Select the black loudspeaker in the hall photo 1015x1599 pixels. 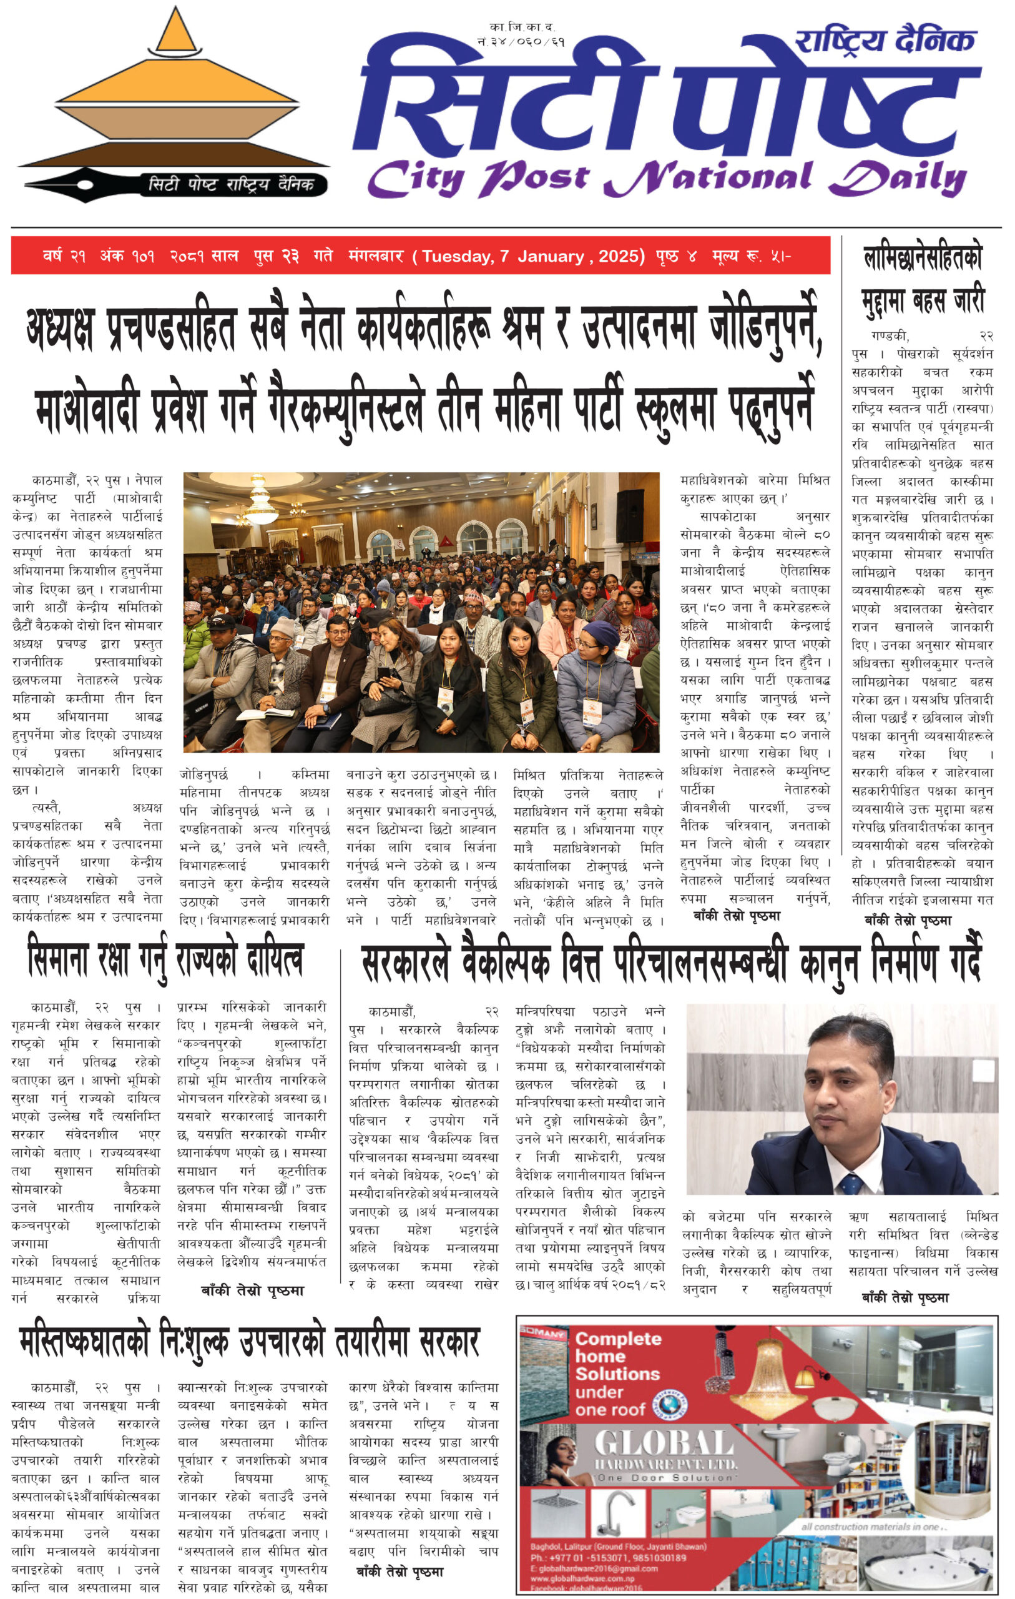click(629, 515)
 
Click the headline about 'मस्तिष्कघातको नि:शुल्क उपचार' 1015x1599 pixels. click(249, 1342)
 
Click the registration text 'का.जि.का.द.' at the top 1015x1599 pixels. click(522, 27)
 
